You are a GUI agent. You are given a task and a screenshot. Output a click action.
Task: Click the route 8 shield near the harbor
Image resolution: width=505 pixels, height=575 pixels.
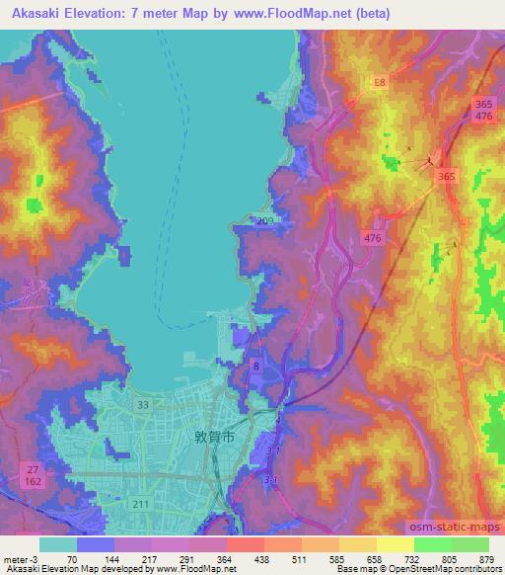(257, 366)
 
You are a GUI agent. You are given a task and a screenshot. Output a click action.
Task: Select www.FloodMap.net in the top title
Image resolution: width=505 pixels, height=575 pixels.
(306, 14)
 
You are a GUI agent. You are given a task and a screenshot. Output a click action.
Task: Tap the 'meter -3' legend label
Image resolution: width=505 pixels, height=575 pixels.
(19, 557)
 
